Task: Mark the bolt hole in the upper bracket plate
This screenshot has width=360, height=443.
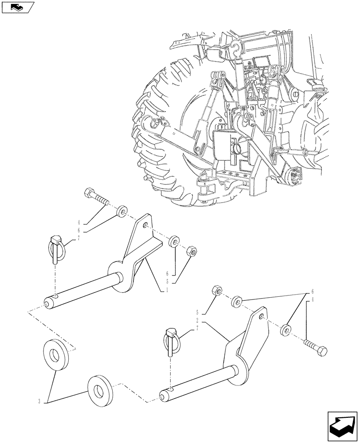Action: [x=144, y=225]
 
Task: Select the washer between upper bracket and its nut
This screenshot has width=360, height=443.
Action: [x=174, y=242]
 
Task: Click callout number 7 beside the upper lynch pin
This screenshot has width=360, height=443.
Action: [x=79, y=238]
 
